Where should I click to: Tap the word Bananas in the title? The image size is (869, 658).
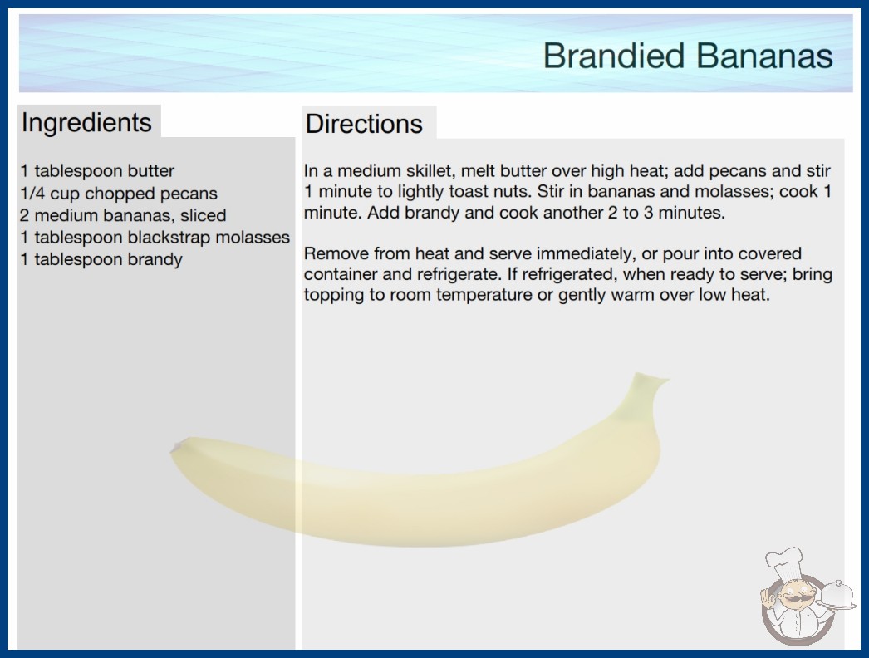[x=764, y=56]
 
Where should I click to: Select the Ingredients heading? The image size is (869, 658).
[x=86, y=123]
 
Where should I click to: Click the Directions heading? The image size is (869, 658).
[x=364, y=124]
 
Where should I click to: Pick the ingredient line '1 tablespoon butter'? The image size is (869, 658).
[x=97, y=171]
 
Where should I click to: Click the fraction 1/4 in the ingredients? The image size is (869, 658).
[x=32, y=194]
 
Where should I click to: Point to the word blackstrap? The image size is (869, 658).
[x=169, y=238]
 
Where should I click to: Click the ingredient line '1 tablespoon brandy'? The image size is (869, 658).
[x=101, y=259]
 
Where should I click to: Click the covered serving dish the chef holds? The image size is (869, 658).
[x=837, y=596]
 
